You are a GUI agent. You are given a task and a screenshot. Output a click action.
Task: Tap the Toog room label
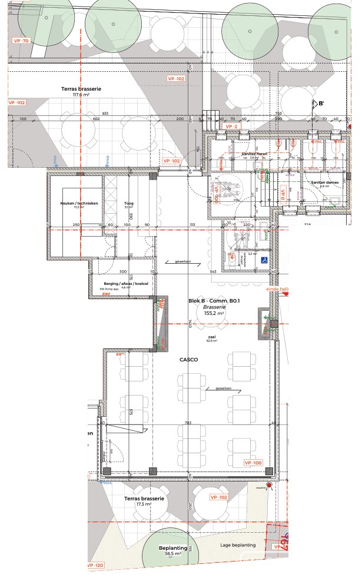[128, 203]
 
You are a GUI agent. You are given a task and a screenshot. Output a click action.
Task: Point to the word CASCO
[190, 358]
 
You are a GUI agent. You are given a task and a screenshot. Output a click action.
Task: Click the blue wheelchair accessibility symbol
[265, 260]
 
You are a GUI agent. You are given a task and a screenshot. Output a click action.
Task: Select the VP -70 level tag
[21, 41]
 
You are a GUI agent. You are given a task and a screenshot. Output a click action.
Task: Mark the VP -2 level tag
[230, 127]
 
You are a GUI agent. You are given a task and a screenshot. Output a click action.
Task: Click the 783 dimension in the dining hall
[188, 423]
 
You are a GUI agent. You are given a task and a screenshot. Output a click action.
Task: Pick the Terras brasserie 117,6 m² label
[81, 91]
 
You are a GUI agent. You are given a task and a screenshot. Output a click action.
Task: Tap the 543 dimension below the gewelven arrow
[214, 272]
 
